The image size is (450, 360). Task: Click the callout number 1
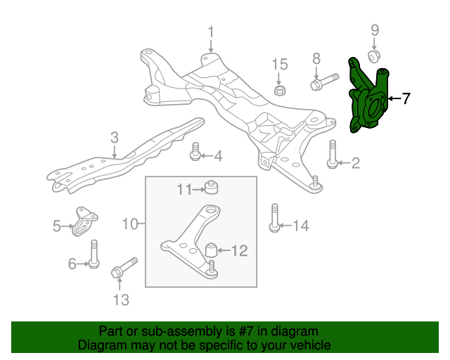tap(210, 32)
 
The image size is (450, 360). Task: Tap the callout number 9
tap(375, 30)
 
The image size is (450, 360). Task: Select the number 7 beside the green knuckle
tap(406, 98)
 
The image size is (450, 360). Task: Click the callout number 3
tap(115, 137)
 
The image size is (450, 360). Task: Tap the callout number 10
tap(130, 225)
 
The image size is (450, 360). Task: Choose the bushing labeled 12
tap(210, 250)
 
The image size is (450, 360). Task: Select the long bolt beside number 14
tap(274, 217)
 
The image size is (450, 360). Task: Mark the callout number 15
tap(280, 65)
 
